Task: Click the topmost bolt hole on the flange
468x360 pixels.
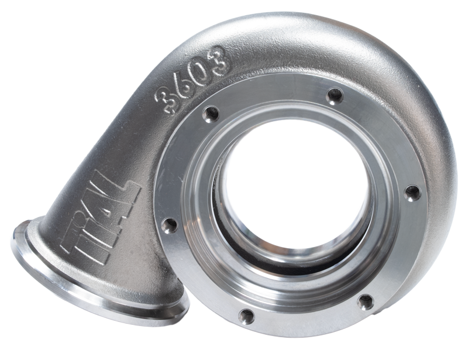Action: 335,94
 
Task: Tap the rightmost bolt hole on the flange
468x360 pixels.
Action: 412,192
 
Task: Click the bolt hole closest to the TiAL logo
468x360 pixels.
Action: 170,225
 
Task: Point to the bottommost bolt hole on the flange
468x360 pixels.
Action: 246,316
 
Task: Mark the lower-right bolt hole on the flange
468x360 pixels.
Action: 366,301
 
